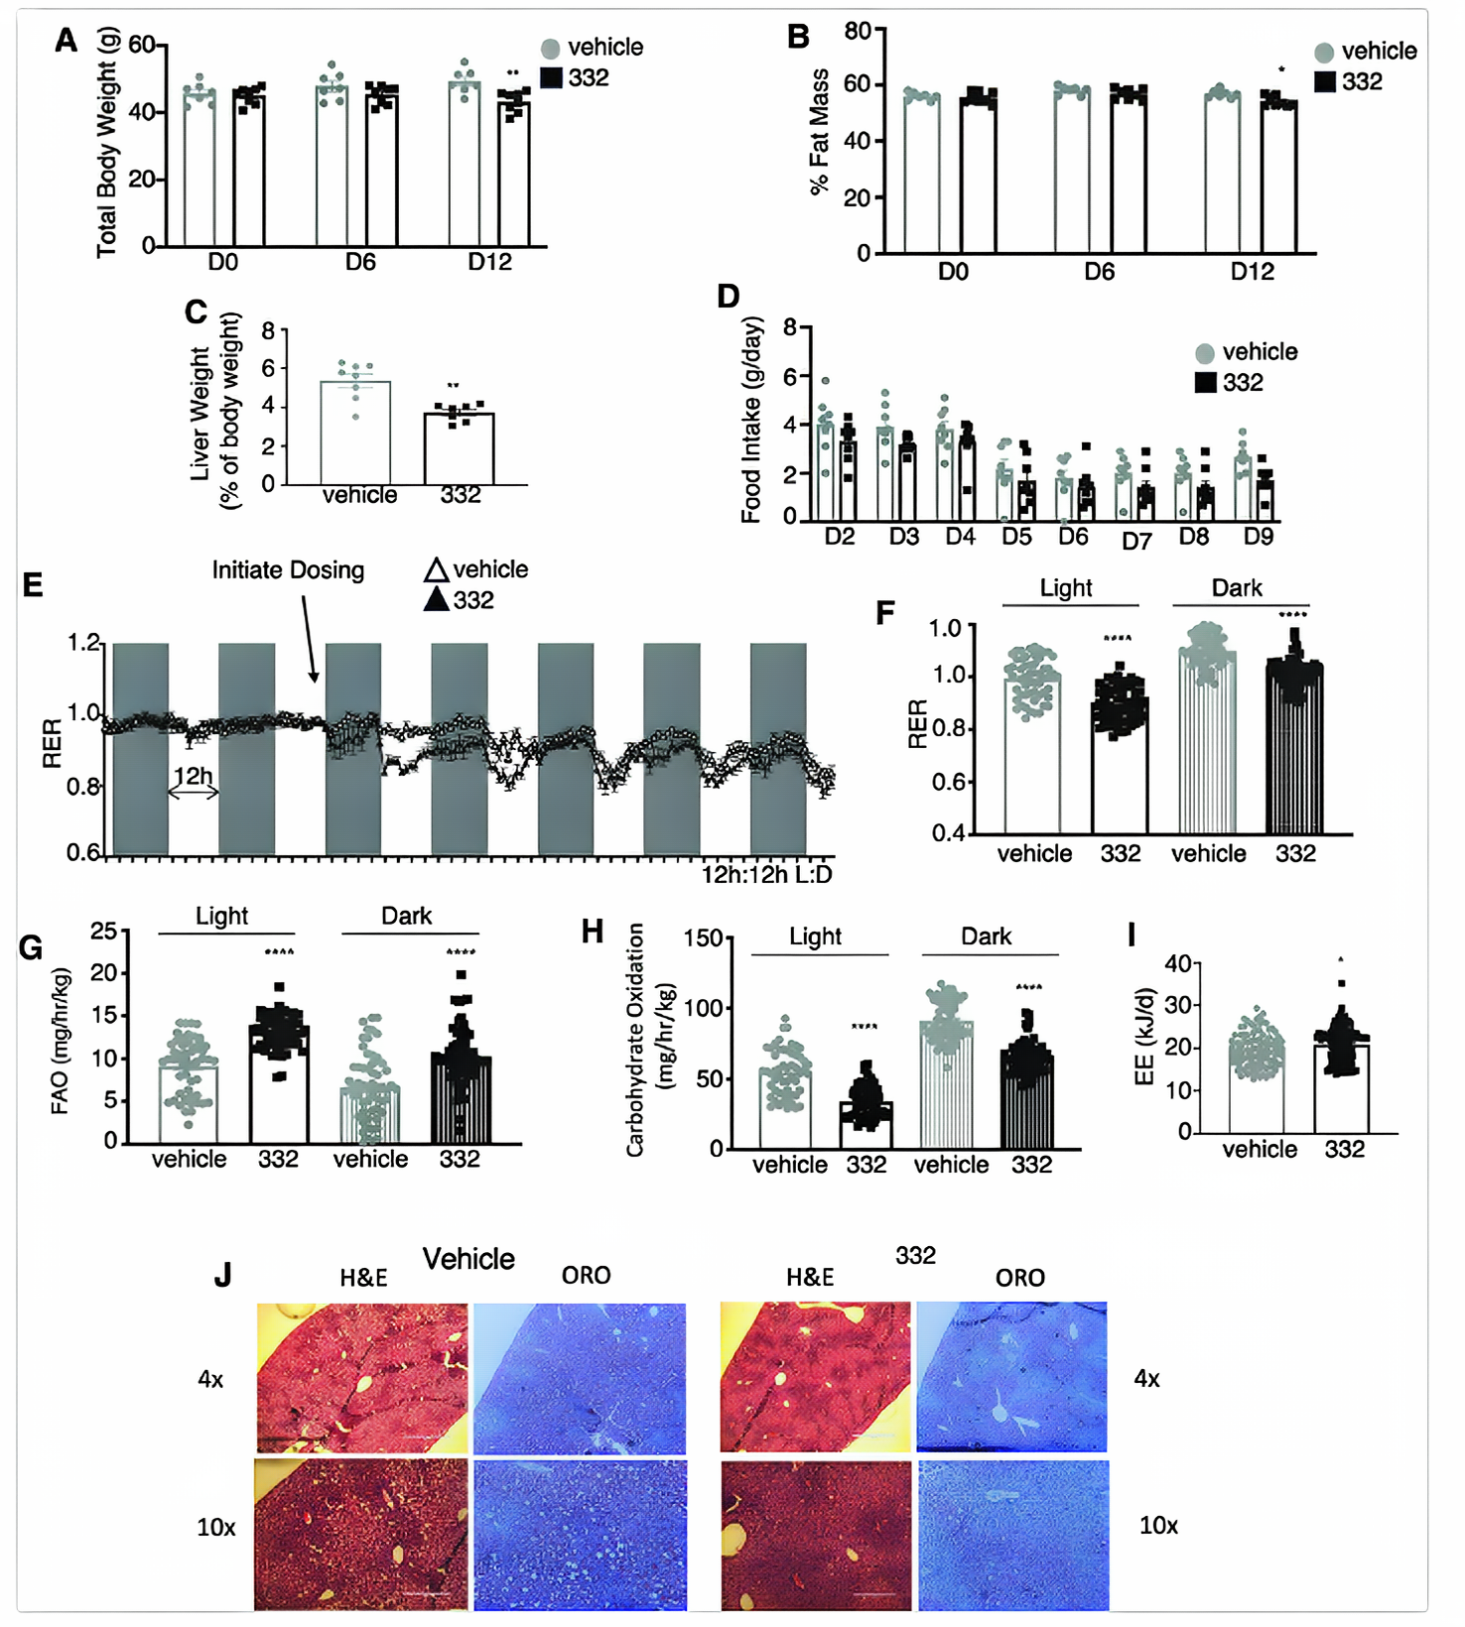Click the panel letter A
[x=66, y=41]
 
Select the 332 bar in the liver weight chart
[x=459, y=448]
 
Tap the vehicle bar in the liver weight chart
[x=354, y=433]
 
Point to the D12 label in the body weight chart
[x=489, y=262]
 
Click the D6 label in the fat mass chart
[x=1099, y=272]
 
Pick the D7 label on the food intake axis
[x=1136, y=541]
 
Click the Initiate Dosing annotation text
[x=288, y=570]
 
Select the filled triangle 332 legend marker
[x=437, y=600]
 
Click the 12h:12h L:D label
[x=766, y=874]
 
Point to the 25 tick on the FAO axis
[x=103, y=931]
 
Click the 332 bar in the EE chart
[x=1342, y=1088]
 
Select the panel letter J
[x=223, y=1275]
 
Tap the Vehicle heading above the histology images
[x=468, y=1259]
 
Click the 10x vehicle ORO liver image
[x=580, y=1534]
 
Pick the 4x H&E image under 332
[x=815, y=1377]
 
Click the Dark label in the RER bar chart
[x=1237, y=588]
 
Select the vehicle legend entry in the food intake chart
[x=1246, y=352]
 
